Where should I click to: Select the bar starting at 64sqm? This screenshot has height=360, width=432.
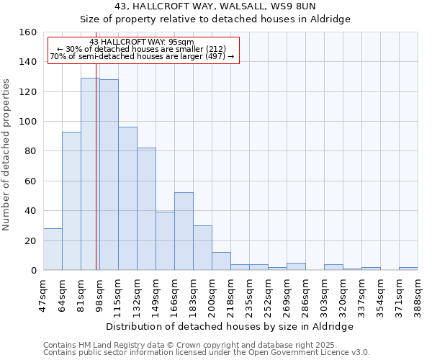coord(71,201)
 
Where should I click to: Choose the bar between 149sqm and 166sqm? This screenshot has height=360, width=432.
coord(165,241)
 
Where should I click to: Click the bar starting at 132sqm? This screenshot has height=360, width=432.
coord(146,209)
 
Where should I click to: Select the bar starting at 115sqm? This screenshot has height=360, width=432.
coord(127,199)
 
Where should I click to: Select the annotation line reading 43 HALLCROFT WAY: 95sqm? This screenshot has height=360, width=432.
coord(142,42)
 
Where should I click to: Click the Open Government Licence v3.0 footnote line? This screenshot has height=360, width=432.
coord(207,353)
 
